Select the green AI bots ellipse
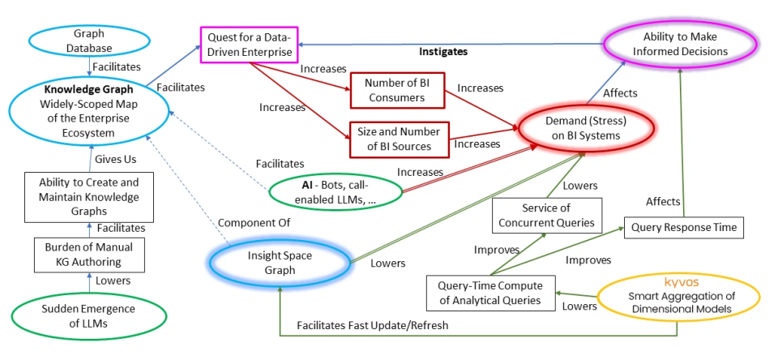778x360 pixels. point(336,191)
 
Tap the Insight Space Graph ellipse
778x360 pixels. point(280,263)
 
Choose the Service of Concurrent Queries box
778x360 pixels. point(545,216)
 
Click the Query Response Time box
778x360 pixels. point(684,227)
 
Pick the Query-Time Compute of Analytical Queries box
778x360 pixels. point(490,294)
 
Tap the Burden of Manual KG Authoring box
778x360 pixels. point(84,255)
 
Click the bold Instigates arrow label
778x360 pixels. point(443,51)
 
